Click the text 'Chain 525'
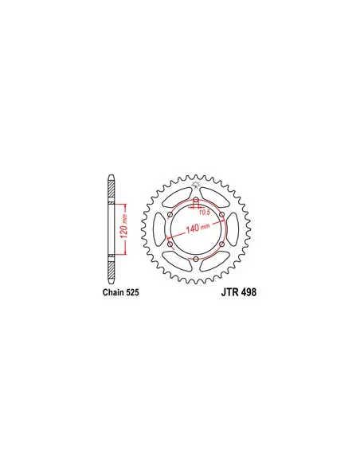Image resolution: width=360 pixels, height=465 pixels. click(x=121, y=292)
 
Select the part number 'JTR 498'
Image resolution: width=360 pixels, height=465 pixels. click(x=239, y=292)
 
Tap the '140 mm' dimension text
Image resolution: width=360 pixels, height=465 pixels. click(x=198, y=228)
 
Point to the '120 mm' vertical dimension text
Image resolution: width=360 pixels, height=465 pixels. click(x=124, y=226)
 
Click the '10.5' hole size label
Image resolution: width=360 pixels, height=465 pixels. click(x=205, y=213)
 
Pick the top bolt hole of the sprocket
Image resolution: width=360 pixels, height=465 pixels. click(x=196, y=199)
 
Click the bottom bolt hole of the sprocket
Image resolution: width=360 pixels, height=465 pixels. click(x=196, y=260)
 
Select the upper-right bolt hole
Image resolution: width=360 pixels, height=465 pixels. click(x=221, y=214)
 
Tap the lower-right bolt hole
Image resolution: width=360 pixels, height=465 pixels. click(x=221, y=244)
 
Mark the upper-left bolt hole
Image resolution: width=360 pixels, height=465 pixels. click(x=170, y=214)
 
